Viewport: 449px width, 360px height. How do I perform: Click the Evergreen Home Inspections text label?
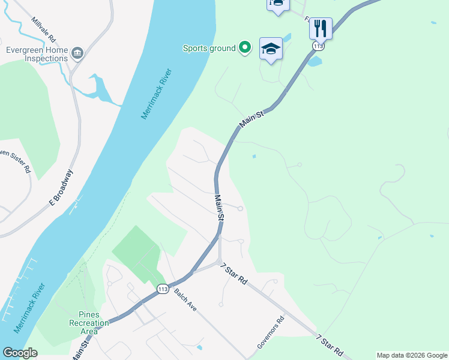(x=37, y=55)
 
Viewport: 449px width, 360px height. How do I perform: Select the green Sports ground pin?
(x=244, y=47)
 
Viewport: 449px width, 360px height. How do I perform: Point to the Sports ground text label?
(x=209, y=48)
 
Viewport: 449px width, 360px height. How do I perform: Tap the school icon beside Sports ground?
(x=271, y=49)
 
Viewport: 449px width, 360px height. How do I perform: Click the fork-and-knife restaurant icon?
(x=321, y=28)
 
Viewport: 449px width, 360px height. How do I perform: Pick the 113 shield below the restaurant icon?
(x=318, y=46)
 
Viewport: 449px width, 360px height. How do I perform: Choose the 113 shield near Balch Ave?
(x=163, y=289)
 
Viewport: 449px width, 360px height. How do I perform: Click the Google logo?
(x=20, y=353)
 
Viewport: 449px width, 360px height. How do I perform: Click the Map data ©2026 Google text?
(x=412, y=355)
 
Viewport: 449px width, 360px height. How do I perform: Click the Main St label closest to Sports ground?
(x=252, y=118)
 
